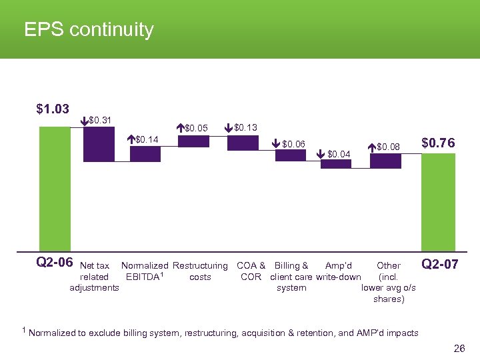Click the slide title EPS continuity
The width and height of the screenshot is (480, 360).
[89, 30]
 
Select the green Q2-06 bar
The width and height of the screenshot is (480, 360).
[55, 189]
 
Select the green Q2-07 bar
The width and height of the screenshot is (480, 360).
[439, 202]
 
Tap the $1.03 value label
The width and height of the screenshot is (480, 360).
[53, 109]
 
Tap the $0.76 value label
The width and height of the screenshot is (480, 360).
[439, 143]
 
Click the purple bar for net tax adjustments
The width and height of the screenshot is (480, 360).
[99, 144]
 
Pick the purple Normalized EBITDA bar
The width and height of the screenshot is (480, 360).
[145, 154]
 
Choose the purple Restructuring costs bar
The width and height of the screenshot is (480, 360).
[193, 141]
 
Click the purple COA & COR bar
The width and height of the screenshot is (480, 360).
[242, 143]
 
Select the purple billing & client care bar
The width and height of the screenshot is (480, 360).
[290, 155]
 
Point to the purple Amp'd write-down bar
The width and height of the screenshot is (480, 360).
[335, 164]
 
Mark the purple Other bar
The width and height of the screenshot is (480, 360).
[385, 161]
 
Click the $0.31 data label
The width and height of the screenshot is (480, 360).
[100, 121]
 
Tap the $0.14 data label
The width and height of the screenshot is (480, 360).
[147, 139]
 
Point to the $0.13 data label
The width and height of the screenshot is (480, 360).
[246, 127]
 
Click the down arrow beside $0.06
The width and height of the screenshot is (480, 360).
[277, 143]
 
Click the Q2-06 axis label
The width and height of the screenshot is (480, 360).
[54, 263]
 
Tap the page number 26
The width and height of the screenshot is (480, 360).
[459, 349]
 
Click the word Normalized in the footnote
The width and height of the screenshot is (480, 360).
[52, 333]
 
